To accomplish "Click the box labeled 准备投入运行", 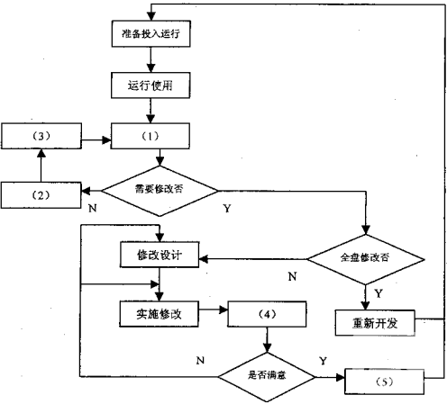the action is click(x=151, y=33).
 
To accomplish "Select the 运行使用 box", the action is click(x=151, y=85).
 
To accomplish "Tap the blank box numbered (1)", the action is click(x=151, y=136).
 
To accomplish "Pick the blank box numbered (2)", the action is click(x=41, y=195).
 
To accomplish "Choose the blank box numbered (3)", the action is click(x=41, y=136).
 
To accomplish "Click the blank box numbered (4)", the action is click(x=267, y=314).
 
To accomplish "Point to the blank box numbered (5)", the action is click(x=384, y=382).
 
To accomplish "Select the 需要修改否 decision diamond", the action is click(x=160, y=191).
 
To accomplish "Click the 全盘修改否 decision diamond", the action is click(x=366, y=259).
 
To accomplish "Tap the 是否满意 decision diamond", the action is click(x=267, y=377).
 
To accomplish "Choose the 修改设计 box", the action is click(x=160, y=255).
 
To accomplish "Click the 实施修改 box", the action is click(x=159, y=314).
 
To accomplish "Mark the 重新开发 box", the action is click(x=375, y=323).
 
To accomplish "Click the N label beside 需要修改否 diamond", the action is click(x=93, y=208).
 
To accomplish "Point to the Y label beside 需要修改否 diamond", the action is click(x=227, y=208).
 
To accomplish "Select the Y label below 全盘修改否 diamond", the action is click(x=379, y=293).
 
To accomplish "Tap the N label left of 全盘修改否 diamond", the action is click(x=292, y=276).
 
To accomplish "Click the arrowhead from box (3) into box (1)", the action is click(x=106, y=139).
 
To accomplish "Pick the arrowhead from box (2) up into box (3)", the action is click(x=41, y=153).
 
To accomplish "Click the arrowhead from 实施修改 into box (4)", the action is click(x=223, y=310).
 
